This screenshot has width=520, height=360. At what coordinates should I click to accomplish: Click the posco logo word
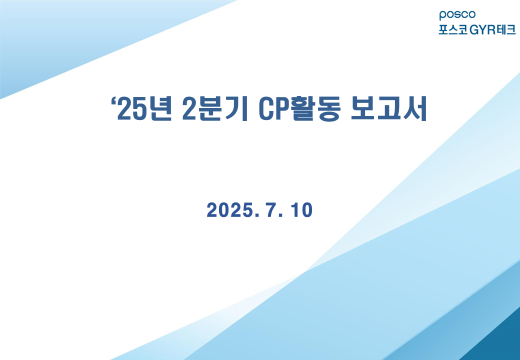click(x=457, y=15)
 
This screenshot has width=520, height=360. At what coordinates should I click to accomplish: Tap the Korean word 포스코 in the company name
click(x=453, y=29)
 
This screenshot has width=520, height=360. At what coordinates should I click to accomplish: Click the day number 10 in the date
click(x=301, y=210)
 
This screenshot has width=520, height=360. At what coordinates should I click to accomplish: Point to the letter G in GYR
click(x=474, y=30)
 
